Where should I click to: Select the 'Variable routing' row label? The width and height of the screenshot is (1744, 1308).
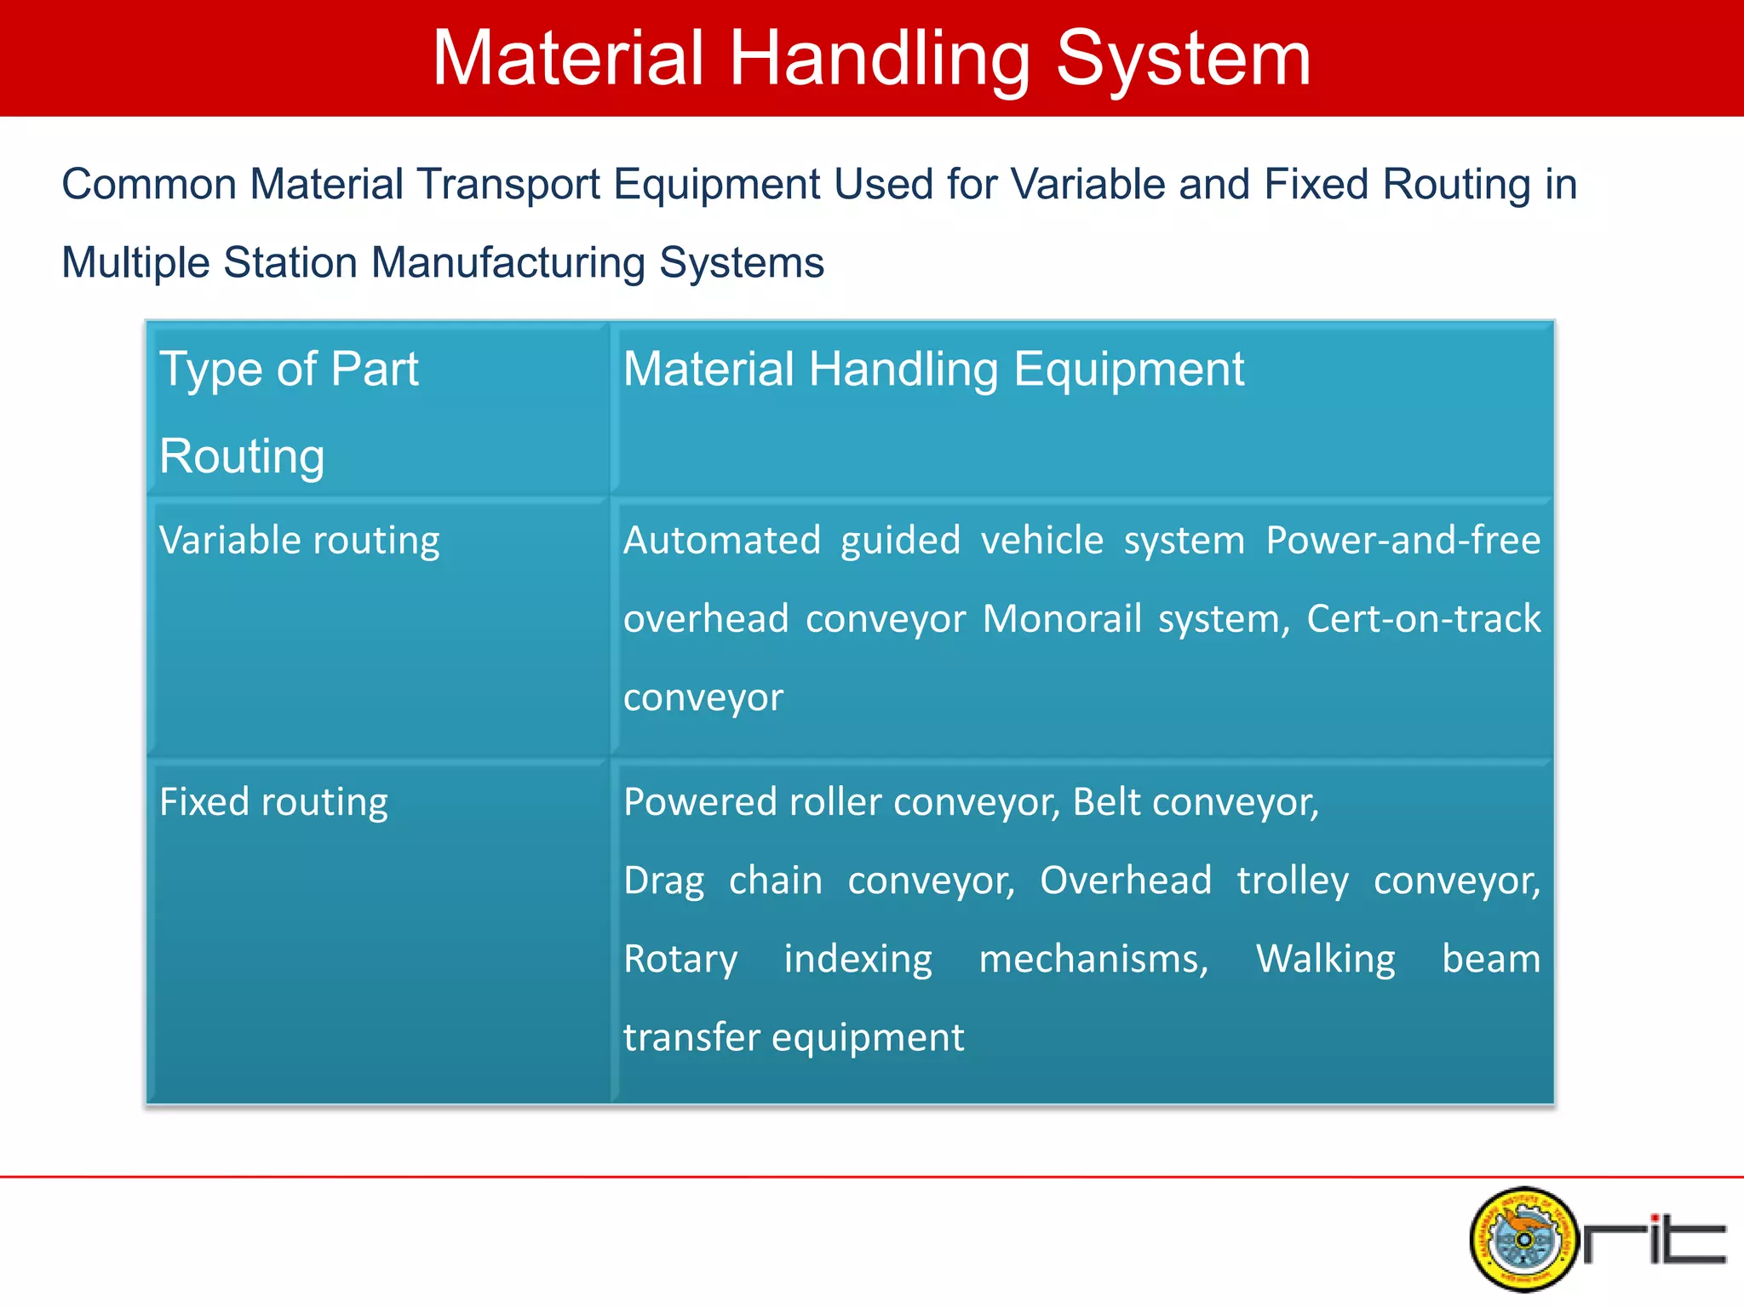click(x=299, y=541)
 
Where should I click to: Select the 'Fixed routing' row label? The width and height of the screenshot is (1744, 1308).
click(x=273, y=802)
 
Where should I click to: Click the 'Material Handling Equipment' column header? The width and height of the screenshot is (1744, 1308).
click(x=933, y=370)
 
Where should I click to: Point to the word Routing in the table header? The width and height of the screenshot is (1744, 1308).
click(x=242, y=456)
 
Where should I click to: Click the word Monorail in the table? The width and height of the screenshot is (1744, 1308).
click(x=1061, y=619)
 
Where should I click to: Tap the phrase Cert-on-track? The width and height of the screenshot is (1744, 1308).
click(x=1423, y=619)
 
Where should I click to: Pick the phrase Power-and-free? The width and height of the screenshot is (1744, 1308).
click(x=1403, y=541)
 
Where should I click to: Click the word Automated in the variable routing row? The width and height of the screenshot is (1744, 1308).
click(x=721, y=541)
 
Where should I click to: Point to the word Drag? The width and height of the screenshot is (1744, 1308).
click(x=663, y=881)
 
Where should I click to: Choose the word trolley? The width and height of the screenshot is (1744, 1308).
click(x=1293, y=881)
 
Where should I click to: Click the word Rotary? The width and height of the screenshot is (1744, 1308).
click(x=680, y=960)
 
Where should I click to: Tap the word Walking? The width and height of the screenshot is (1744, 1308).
click(x=1325, y=960)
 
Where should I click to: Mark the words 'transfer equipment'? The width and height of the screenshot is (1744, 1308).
click(x=794, y=1038)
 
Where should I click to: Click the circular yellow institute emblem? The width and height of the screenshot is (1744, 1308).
click(x=1523, y=1239)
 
